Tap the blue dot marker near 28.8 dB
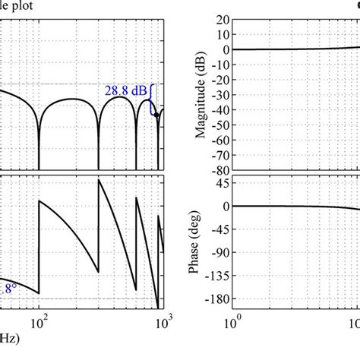coord(156,115)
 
